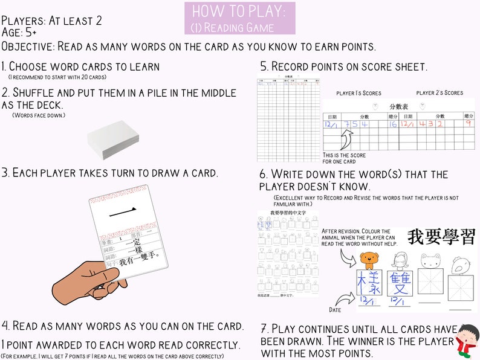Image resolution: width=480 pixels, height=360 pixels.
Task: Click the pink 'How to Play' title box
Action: pyautogui.click(x=240, y=18)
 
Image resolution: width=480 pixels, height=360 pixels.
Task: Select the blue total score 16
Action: pyautogui.click(x=393, y=123)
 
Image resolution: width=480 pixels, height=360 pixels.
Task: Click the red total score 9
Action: pyautogui.click(x=468, y=123)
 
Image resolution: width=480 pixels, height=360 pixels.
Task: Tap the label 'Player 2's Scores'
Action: pyautogui.click(x=439, y=93)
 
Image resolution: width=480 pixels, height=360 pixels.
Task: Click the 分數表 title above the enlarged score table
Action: pyautogui.click(x=398, y=106)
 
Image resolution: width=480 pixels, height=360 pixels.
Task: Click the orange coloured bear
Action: pyautogui.click(x=368, y=260)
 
